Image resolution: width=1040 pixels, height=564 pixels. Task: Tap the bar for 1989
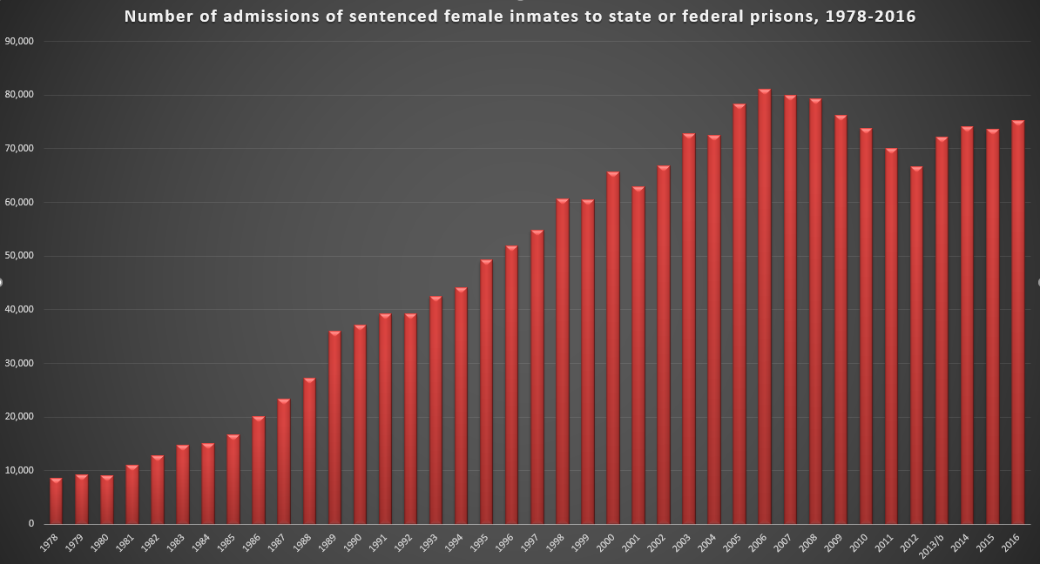334,427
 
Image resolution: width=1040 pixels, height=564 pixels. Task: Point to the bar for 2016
1017,322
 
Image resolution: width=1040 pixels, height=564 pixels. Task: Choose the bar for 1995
486,392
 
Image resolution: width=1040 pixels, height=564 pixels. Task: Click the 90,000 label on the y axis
19,41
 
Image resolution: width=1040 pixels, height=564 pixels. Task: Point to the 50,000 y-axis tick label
19,256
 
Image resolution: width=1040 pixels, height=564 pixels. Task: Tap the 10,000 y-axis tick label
19,471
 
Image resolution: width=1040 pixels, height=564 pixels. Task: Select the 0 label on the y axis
30,524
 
